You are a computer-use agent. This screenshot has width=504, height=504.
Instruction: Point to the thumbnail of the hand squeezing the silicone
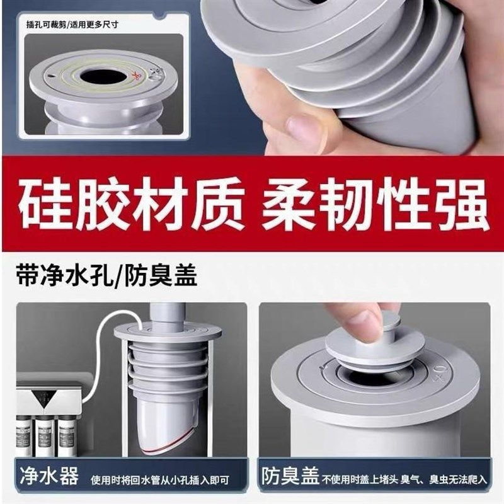click(353, 76)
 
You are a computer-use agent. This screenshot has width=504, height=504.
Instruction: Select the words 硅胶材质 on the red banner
click(129, 204)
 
